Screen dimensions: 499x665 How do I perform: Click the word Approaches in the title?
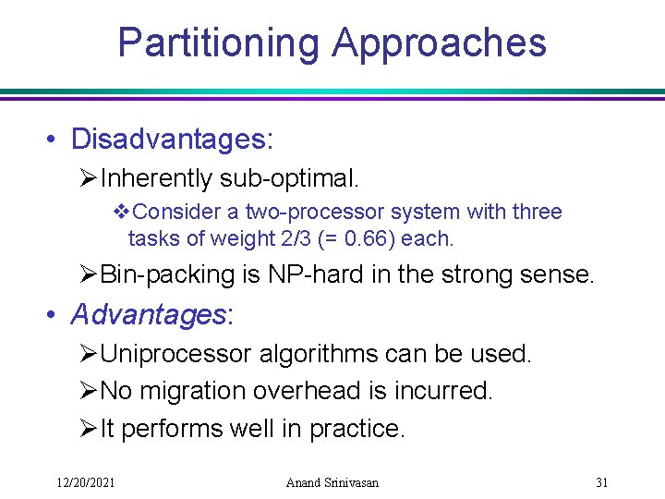[x=439, y=43]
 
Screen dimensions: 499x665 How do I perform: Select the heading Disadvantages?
[x=172, y=140]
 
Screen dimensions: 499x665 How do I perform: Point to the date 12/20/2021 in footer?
[x=85, y=482]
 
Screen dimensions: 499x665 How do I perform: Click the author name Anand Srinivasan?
[x=332, y=482]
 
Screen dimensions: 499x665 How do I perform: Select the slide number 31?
[x=602, y=482]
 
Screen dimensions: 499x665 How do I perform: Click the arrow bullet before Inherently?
[x=89, y=177]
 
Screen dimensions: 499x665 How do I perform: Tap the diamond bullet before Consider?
[x=120, y=213]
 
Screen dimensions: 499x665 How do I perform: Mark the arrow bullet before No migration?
[x=89, y=392]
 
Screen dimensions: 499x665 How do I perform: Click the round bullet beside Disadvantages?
[x=56, y=140]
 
